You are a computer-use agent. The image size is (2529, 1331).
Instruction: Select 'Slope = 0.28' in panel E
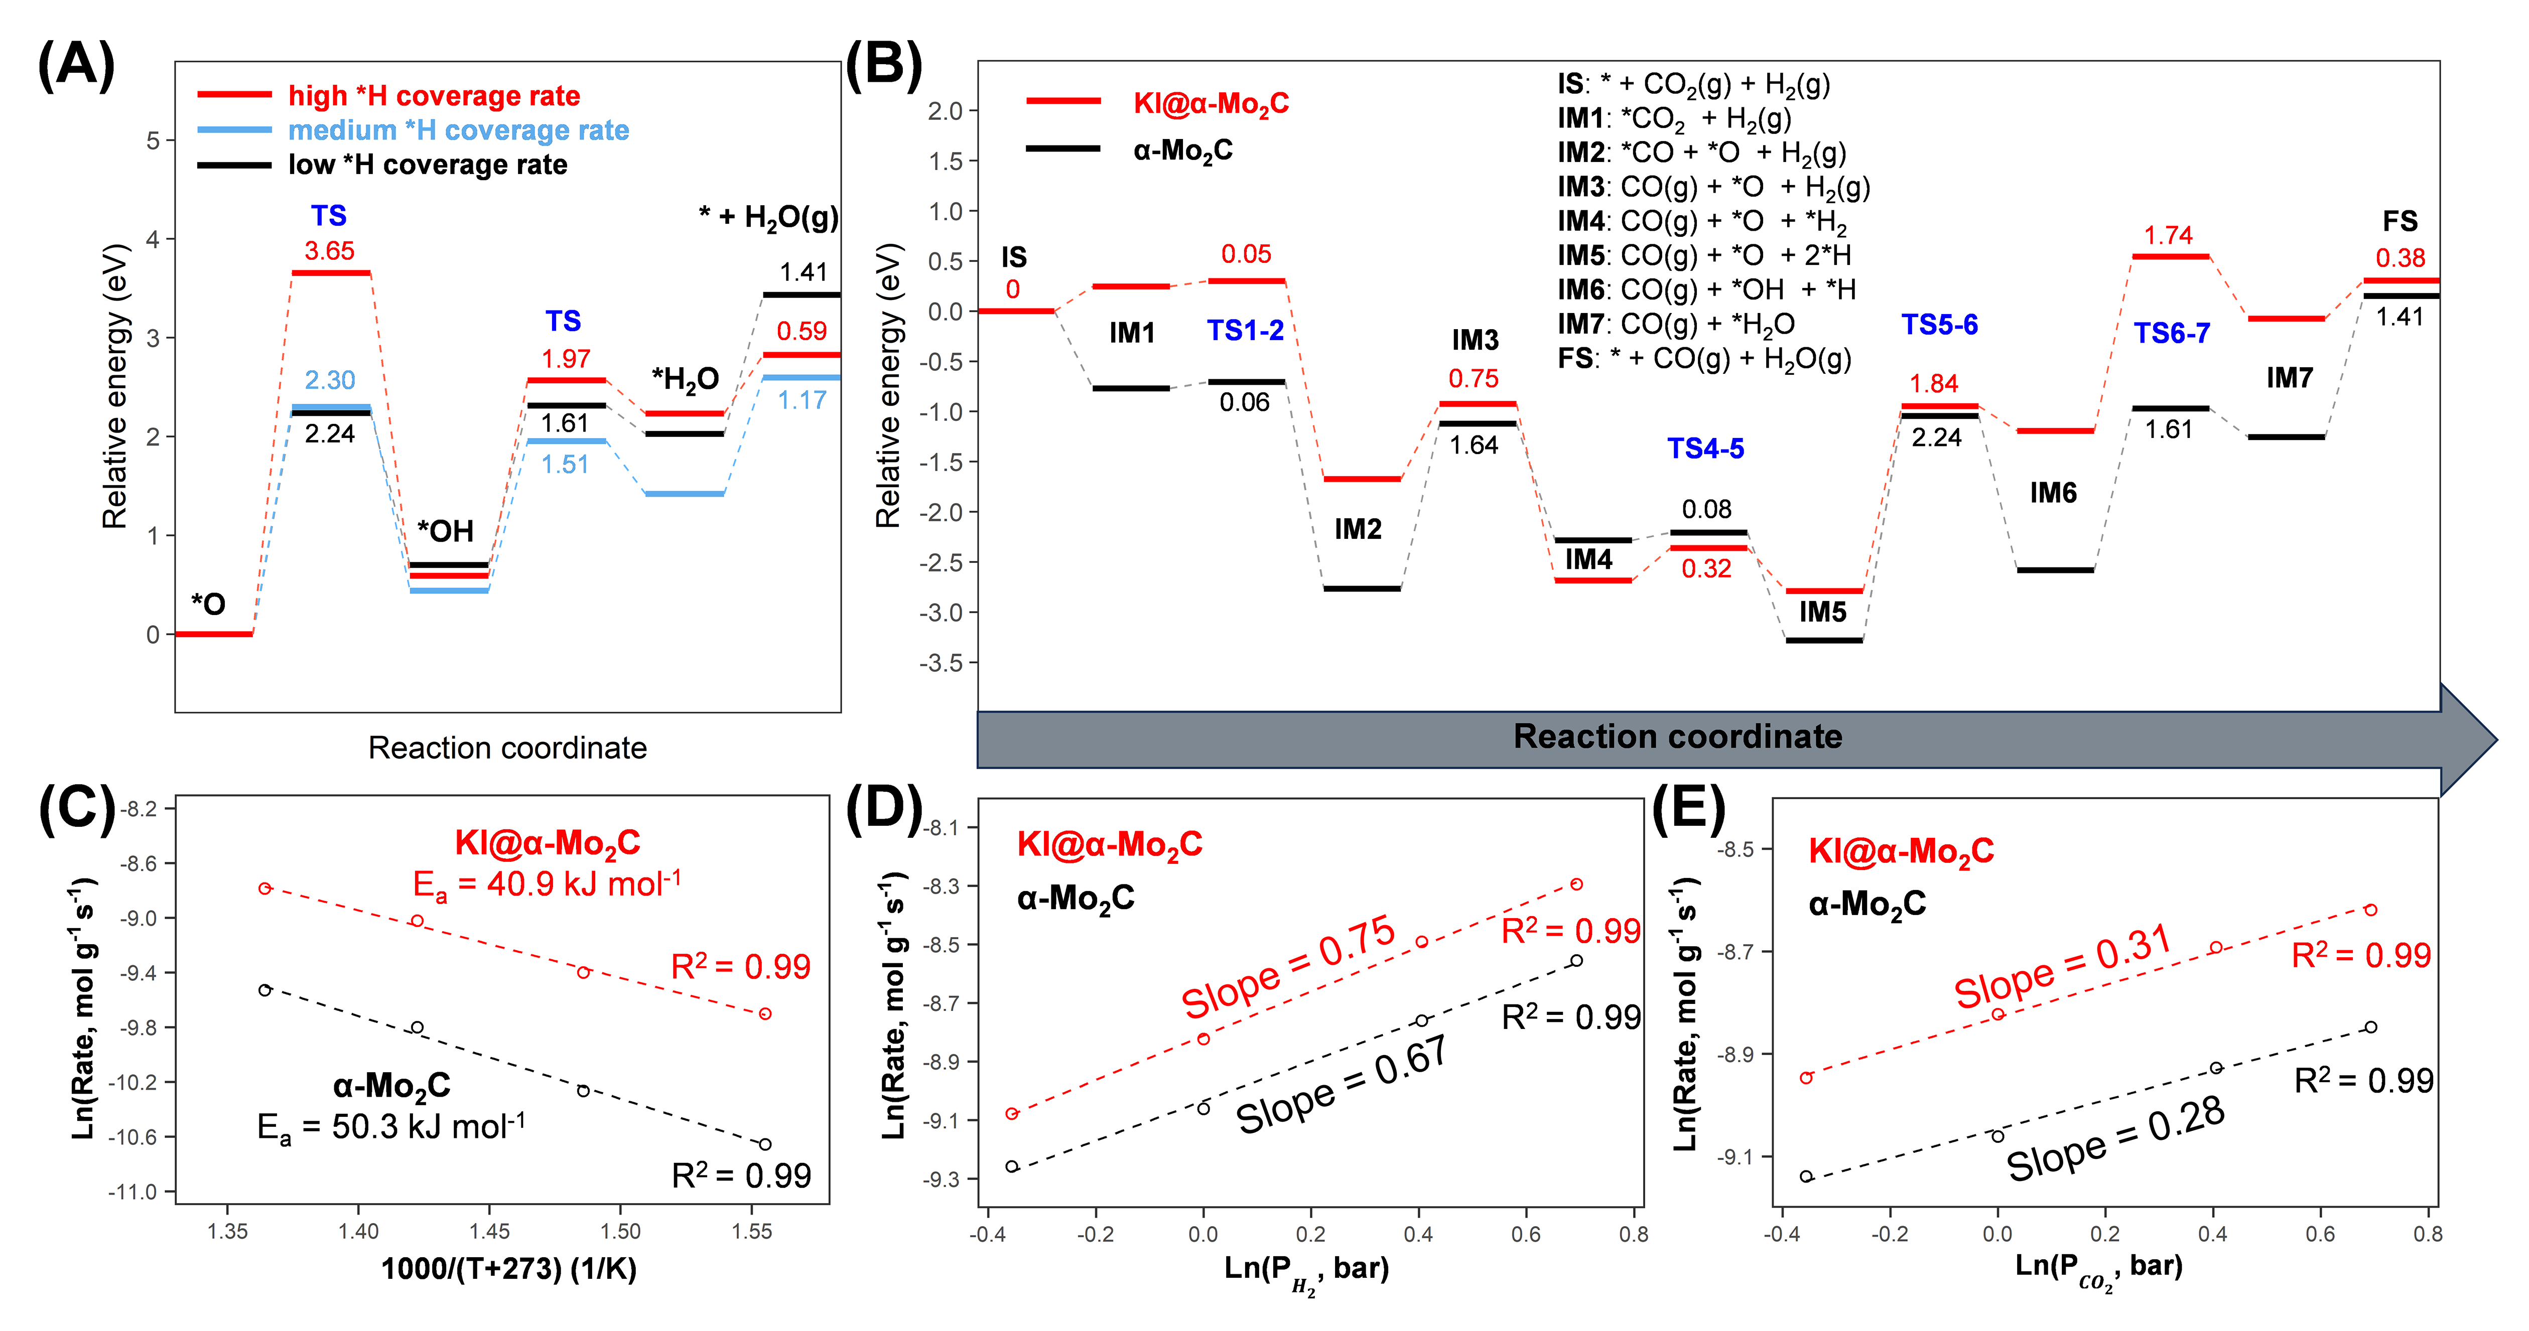click(x=2115, y=1139)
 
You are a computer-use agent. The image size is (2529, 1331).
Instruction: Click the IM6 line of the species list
click(x=1706, y=289)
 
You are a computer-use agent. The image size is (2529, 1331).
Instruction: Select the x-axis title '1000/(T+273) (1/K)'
click(x=508, y=1269)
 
